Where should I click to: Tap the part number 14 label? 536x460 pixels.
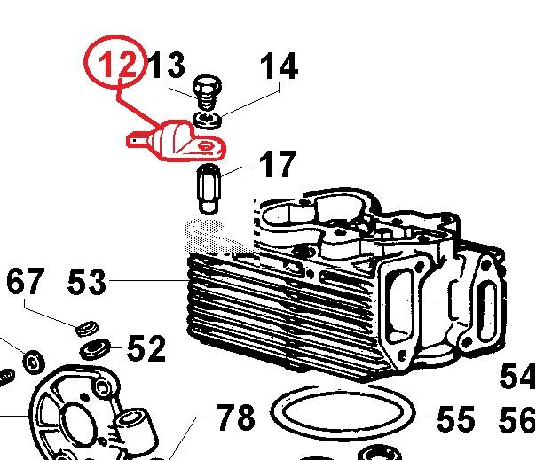click(x=278, y=66)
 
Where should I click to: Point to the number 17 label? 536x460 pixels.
click(x=276, y=166)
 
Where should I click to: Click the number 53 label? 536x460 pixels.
click(x=87, y=283)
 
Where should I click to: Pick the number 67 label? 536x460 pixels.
click(x=24, y=282)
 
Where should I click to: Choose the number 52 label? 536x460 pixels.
click(x=146, y=349)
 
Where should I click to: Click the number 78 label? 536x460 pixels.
click(x=235, y=416)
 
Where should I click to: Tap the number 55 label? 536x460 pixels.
click(x=455, y=418)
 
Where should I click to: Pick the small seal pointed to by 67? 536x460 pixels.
click(x=88, y=328)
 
